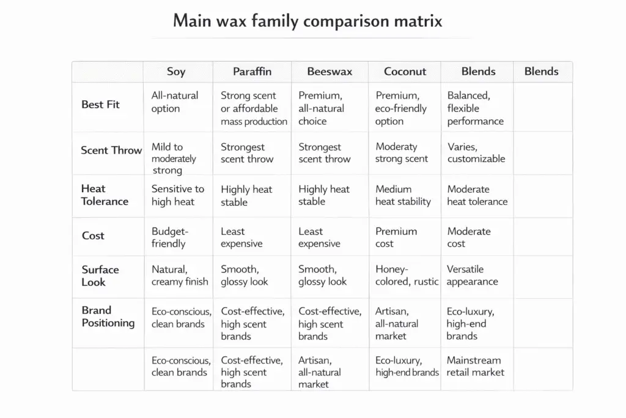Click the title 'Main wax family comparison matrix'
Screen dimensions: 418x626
307,21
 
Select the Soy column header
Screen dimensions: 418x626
176,72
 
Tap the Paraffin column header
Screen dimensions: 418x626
252,72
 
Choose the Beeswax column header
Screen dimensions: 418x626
330,72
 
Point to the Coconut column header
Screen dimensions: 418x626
405,72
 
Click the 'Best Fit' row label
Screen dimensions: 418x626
100,105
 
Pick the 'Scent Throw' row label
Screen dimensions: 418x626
111,151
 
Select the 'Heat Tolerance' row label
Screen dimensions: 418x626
105,195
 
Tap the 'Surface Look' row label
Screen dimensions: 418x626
100,275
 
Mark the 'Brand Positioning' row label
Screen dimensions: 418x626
108,316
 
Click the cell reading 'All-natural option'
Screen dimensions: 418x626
175,102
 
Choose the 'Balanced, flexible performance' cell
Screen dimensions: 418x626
476,108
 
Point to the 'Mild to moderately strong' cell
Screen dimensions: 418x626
174,159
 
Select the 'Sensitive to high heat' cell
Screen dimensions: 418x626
177,195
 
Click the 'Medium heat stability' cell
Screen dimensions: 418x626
403,195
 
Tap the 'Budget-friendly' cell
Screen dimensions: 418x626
170,237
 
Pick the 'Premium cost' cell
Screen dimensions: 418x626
396,237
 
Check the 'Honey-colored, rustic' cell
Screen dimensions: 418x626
407,275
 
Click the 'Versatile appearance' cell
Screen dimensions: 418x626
472,275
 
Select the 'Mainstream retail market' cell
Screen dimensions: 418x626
476,366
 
